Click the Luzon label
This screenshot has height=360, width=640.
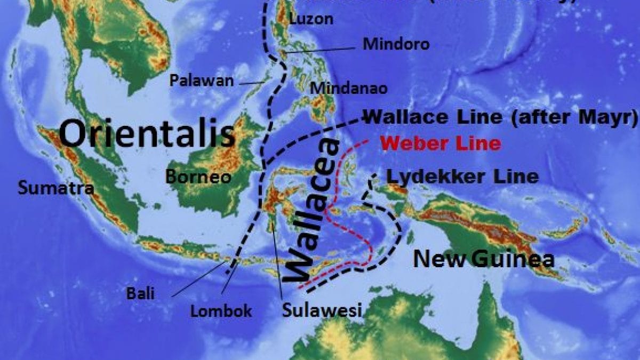[x=311, y=19]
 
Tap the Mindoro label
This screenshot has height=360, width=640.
[x=396, y=44]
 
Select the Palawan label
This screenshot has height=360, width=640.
[x=201, y=81]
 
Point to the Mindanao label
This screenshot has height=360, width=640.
[x=349, y=88]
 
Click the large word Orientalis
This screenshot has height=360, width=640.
[x=147, y=133]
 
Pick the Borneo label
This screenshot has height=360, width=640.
[x=198, y=177]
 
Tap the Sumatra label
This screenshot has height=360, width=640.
[x=55, y=188]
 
